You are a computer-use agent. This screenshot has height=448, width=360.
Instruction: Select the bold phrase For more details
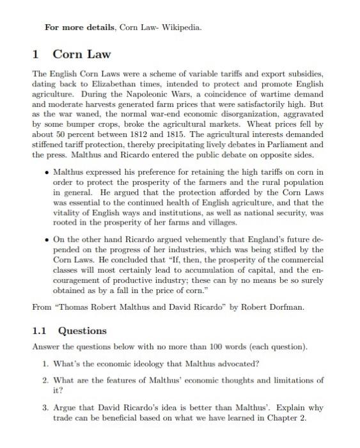pos(74,28)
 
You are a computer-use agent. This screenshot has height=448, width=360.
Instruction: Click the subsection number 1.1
pos(40,331)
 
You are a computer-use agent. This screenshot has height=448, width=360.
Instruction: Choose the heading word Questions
pos(82,331)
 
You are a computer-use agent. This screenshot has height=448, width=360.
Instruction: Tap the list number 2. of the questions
pos(46,380)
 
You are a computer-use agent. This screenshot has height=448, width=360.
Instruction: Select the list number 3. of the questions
pos(46,408)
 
